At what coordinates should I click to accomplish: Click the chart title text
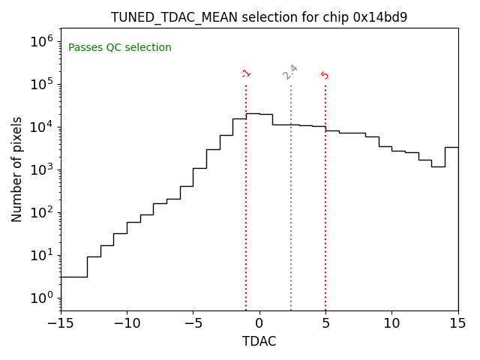click(259, 17)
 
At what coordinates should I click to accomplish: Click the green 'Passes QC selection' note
click(120, 48)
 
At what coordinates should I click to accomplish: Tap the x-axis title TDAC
click(259, 342)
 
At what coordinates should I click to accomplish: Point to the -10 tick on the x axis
click(127, 324)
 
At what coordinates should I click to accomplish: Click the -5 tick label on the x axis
click(193, 324)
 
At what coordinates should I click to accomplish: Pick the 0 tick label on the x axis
click(259, 324)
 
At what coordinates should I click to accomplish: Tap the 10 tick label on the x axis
click(391, 324)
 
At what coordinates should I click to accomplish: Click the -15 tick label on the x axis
click(61, 324)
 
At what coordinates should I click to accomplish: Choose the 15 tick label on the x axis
click(457, 324)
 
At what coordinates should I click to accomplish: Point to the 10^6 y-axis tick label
click(42, 41)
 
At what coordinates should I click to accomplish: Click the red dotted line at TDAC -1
click(246, 195)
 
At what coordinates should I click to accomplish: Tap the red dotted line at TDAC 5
click(325, 195)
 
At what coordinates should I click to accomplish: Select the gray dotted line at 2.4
click(291, 195)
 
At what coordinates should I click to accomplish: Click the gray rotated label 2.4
click(290, 72)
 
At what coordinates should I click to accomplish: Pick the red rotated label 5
click(325, 75)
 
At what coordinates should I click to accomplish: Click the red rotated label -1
click(246, 73)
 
